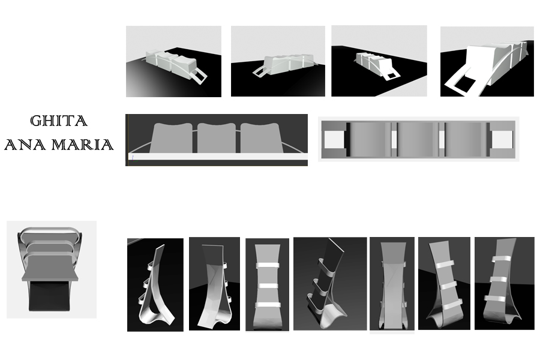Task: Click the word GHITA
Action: tap(59, 121)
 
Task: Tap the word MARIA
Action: tap(85, 145)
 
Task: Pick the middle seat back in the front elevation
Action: tap(217, 138)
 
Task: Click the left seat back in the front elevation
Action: tap(172, 138)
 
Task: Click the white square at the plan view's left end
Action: tap(334, 140)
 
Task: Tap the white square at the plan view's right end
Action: tap(502, 140)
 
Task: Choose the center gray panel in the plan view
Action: tap(416, 140)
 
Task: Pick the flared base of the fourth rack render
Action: tap(327, 315)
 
